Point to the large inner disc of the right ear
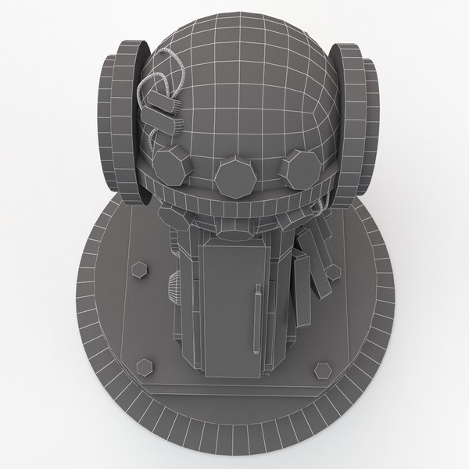[x=344, y=117]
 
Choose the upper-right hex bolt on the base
[x=334, y=271]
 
